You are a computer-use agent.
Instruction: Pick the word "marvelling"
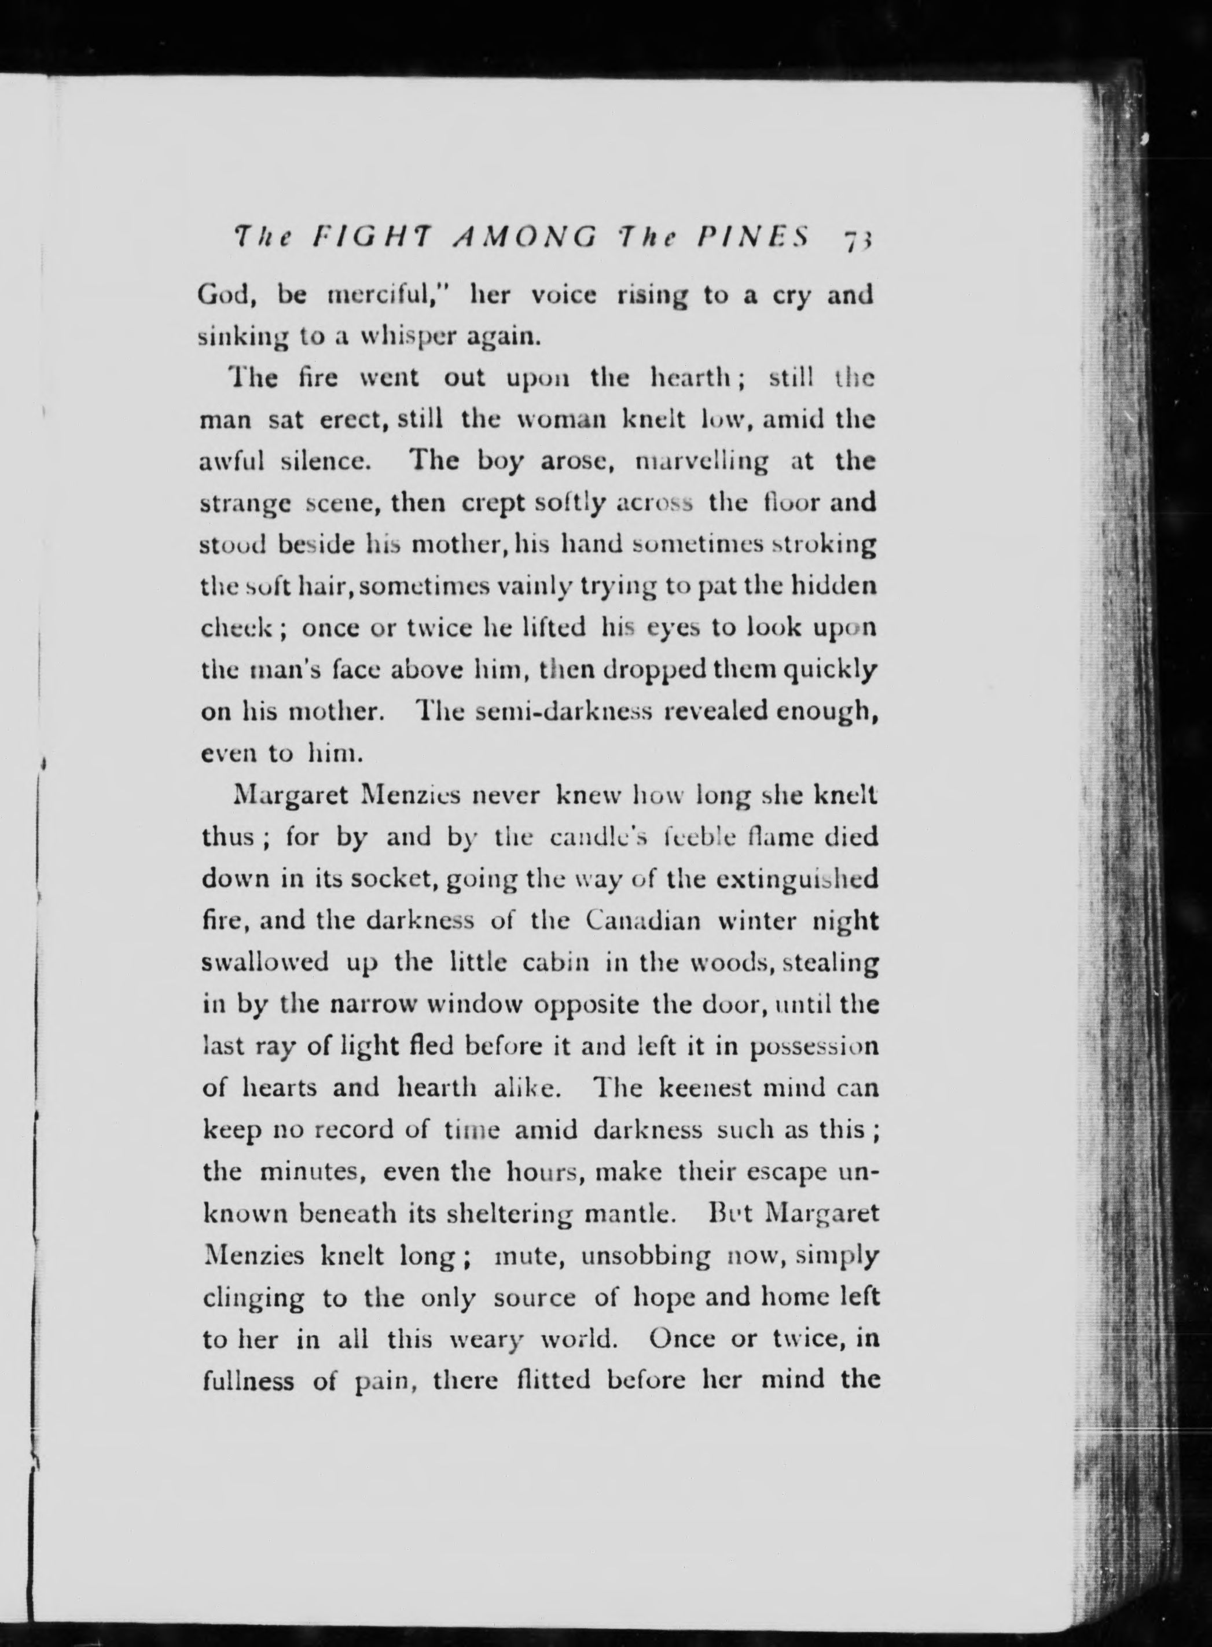coord(702,461)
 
